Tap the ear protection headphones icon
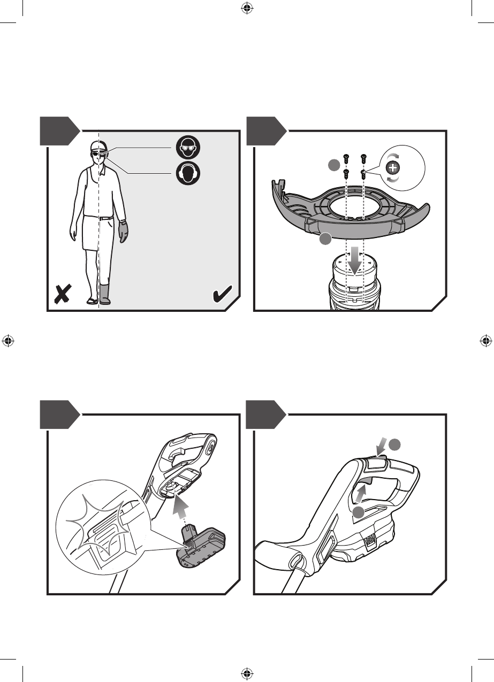[188, 173]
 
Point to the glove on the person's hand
[124, 231]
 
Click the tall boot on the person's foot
[105, 294]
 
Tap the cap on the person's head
[97, 146]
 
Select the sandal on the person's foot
[93, 301]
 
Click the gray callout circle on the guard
[324, 240]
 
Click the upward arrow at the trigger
[361, 491]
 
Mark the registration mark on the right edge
[485, 340]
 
